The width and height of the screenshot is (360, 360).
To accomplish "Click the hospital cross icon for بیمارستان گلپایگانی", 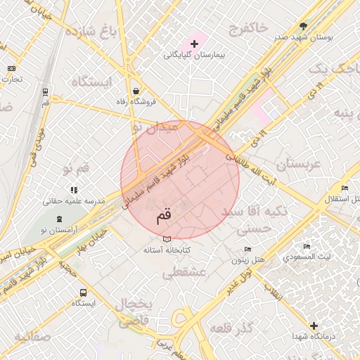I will click(x=195, y=44).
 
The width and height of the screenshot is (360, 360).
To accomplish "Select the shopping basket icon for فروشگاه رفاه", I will click(x=135, y=91).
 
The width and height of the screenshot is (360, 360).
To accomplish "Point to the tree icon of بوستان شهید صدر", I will click(x=304, y=25).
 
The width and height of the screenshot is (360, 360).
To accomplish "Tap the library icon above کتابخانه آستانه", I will click(x=167, y=239).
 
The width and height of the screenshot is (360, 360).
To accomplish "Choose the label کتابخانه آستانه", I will click(x=167, y=250).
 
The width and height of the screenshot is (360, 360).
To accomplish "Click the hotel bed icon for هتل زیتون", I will click(x=247, y=250).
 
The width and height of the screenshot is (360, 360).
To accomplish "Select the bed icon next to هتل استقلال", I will click(x=344, y=188).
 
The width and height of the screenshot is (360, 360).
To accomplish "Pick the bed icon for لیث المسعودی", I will click(x=307, y=247).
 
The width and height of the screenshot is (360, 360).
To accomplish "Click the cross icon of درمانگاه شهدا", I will click(x=314, y=326).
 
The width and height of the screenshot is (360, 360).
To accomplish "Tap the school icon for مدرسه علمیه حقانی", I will click(x=74, y=190).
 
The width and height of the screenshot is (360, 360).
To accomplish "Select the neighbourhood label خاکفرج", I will click(x=248, y=27).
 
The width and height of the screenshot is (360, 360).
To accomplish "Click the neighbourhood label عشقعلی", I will click(x=184, y=273).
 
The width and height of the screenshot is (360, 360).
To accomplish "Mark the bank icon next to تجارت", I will click(x=11, y=68).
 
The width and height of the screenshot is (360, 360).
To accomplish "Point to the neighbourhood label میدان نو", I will click(x=156, y=127).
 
